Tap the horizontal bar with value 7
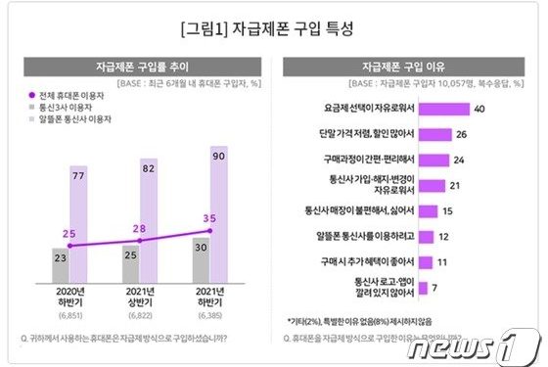[422, 288]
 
